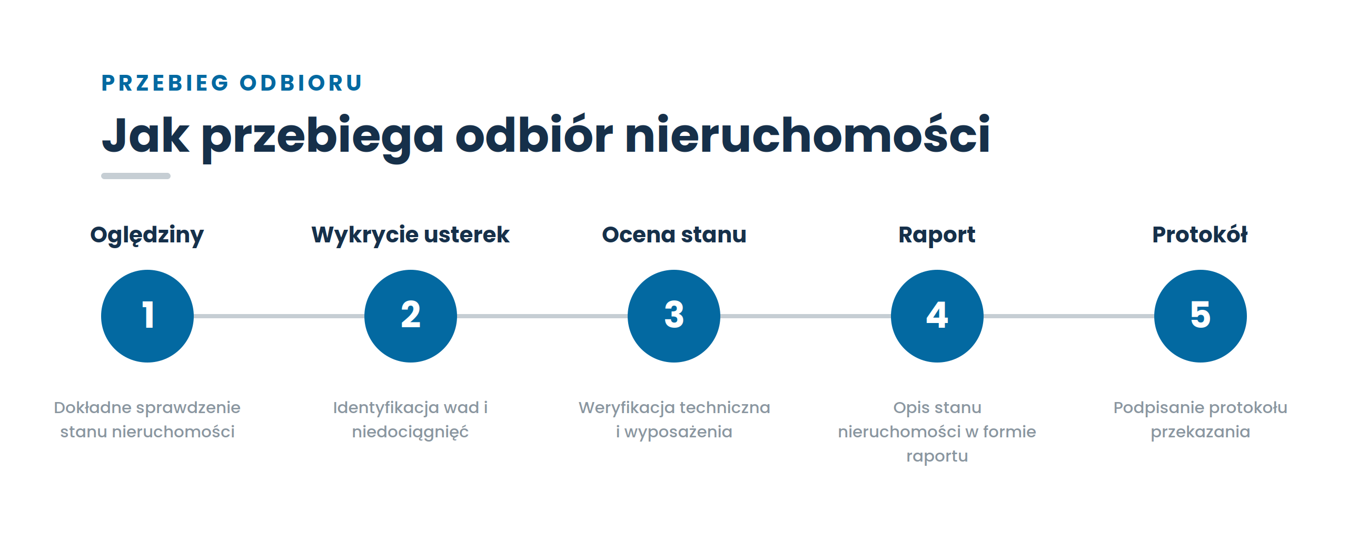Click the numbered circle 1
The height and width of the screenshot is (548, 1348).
(147, 316)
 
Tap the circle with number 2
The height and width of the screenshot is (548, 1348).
(411, 316)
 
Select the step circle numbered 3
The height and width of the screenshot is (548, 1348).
(674, 316)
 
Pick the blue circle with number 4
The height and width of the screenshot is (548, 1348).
(937, 316)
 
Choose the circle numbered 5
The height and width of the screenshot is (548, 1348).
(1201, 316)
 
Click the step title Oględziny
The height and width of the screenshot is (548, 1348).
(147, 236)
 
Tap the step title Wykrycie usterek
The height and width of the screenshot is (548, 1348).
(411, 236)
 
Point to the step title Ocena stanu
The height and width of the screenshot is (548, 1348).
(674, 234)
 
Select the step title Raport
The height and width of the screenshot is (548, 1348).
(937, 236)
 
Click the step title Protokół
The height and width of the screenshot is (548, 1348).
(1200, 234)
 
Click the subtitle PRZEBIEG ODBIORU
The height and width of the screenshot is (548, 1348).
(232, 83)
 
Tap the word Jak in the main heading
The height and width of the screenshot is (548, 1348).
(145, 135)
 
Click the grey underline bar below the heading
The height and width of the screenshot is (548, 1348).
(136, 176)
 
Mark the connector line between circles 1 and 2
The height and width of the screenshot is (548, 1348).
(279, 316)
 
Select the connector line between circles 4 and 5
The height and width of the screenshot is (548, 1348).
(1069, 316)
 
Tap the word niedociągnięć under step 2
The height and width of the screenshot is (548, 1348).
(410, 432)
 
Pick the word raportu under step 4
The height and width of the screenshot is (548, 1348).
(937, 456)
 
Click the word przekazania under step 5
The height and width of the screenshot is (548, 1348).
(1201, 432)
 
